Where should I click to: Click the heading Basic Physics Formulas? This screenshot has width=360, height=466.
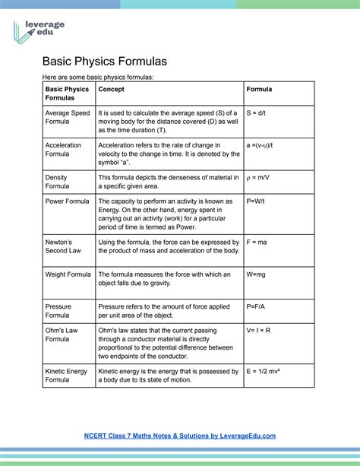(104, 60)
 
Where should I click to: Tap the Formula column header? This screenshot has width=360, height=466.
(259, 90)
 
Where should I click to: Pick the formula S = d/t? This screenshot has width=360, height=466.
(260, 113)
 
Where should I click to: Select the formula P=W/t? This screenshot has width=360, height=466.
(258, 201)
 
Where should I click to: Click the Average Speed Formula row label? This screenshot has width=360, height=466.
(68, 117)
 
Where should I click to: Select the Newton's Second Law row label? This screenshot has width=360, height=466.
(64, 246)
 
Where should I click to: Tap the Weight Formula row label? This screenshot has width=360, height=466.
(68, 274)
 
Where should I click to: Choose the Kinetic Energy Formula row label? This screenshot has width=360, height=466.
(66, 376)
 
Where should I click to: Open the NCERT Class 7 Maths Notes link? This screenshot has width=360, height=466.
(179, 436)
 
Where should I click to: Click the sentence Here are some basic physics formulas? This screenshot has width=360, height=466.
(98, 77)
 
